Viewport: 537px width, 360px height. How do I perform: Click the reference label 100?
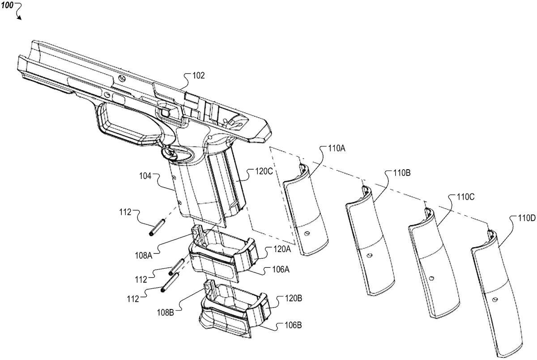pyautogui.click(x=7, y=5)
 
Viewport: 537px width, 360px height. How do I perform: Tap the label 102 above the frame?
pyautogui.click(x=199, y=76)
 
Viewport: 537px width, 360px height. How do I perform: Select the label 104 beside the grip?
pyautogui.click(x=145, y=176)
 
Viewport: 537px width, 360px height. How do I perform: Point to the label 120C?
pyautogui.click(x=264, y=172)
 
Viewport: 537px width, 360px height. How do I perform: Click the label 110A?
pyautogui.click(x=337, y=149)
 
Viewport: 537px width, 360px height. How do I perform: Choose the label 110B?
pyautogui.click(x=402, y=173)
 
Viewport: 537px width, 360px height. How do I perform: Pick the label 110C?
pyautogui.click(x=465, y=197)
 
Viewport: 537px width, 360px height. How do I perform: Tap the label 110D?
pyautogui.click(x=527, y=219)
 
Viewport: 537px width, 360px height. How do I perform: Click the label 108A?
pyautogui.click(x=144, y=256)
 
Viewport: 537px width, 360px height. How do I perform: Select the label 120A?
pyautogui.click(x=282, y=249)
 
